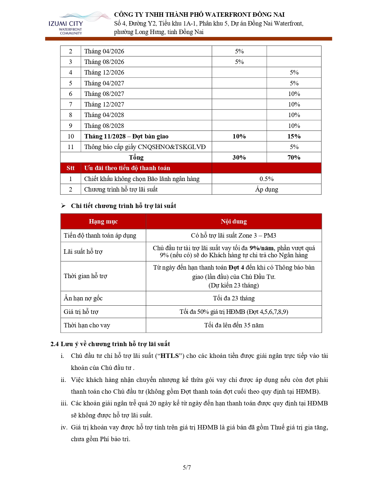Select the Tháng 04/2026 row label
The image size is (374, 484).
click(104, 51)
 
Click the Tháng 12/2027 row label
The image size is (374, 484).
click(104, 104)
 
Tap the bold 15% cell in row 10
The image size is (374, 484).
click(294, 136)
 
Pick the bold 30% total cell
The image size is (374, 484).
click(239, 158)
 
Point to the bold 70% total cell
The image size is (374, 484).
click(294, 158)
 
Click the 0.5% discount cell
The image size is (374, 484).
click(266, 179)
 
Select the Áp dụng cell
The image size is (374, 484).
click(266, 189)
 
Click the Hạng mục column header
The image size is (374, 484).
click(103, 221)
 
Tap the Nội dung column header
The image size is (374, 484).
click(234, 221)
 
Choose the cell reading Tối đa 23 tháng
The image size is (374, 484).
click(234, 298)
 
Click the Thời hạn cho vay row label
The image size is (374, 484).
click(87, 325)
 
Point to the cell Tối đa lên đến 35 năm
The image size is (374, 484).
click(234, 325)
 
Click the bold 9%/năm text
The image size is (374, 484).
click(262, 248)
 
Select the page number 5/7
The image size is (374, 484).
click(187, 468)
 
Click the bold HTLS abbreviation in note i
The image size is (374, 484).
click(170, 356)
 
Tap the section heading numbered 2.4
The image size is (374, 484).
click(110, 344)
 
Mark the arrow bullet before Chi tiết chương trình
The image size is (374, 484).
click(63, 206)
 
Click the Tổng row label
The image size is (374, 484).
click(136, 158)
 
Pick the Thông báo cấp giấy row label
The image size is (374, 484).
click(145, 147)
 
